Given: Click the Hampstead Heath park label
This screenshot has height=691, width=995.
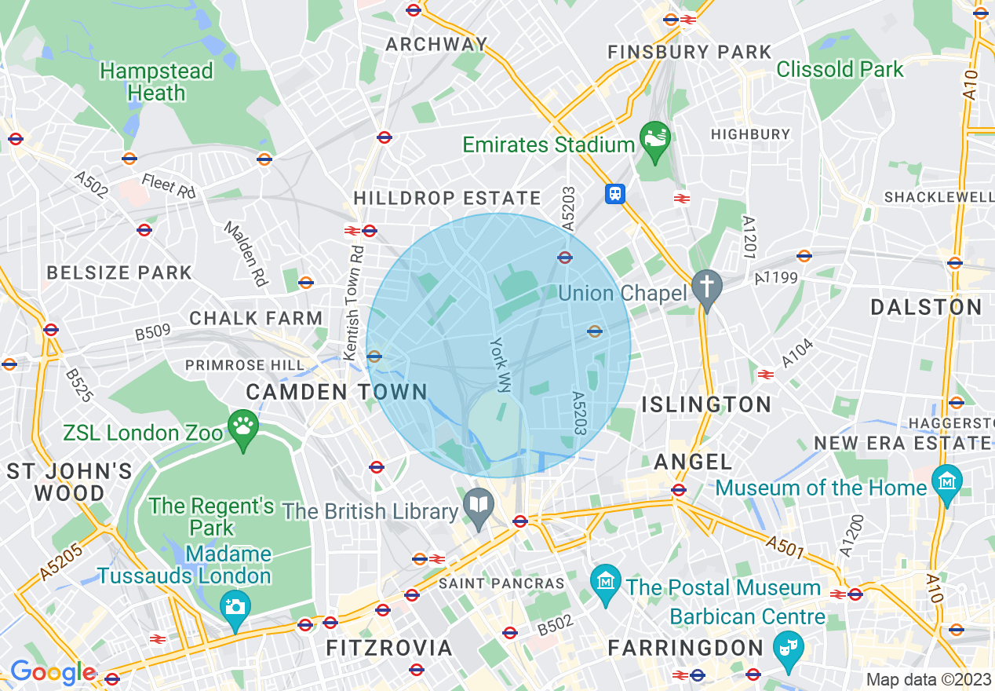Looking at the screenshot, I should click(156, 82).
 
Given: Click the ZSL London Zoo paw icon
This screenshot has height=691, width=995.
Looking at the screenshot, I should click(243, 427).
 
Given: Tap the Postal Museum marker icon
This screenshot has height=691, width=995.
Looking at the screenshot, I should click(605, 583).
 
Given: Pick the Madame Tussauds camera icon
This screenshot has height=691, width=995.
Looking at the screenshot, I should click(235, 606).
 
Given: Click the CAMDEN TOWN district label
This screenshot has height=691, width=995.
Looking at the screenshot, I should click(337, 392).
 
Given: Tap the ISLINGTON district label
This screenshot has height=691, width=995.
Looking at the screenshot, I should click(707, 404).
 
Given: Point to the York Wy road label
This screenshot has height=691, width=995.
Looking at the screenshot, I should click(500, 364).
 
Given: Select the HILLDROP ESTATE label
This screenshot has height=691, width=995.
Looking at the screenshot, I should click(447, 199).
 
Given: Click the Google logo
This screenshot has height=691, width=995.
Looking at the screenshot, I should click(53, 673).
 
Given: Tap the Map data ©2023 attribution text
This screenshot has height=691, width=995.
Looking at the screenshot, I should click(928, 679).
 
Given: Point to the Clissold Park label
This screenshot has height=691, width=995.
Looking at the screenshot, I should click(840, 69).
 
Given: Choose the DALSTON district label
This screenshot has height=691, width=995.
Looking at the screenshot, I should click(926, 307).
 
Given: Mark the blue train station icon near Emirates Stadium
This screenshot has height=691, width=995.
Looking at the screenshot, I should click(615, 193).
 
